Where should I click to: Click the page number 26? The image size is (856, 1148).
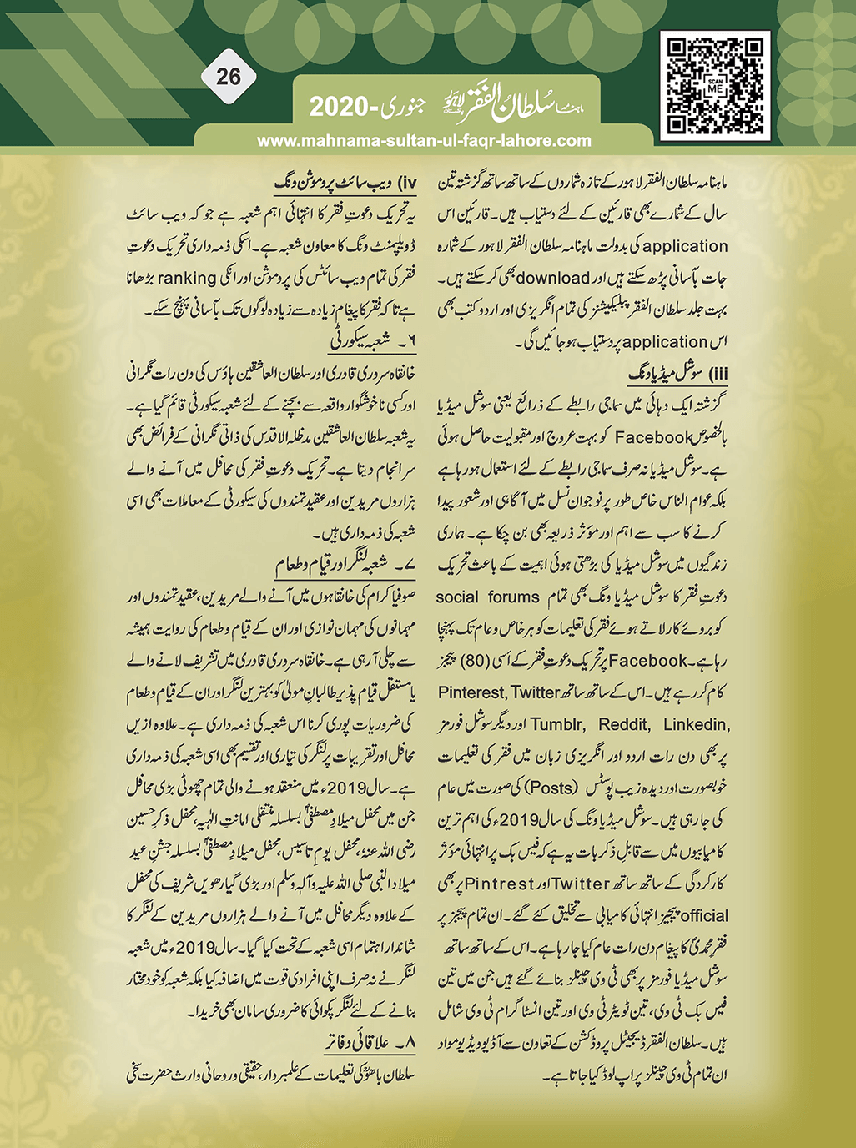click(228, 77)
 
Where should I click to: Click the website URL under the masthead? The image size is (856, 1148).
click(424, 141)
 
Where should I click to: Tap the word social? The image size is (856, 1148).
click(457, 597)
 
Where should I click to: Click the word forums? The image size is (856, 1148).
click(514, 597)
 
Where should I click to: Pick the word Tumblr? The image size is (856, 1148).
click(556, 724)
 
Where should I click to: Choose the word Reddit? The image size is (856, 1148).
click(622, 724)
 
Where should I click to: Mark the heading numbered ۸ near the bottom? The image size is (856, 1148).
click(368, 1043)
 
